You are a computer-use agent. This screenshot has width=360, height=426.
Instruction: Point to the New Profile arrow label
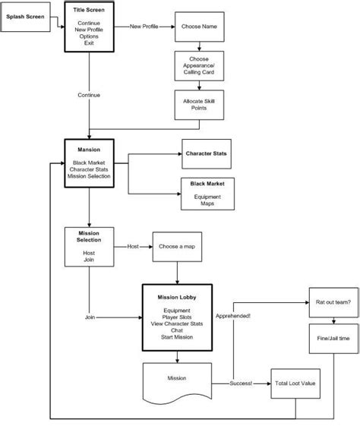pyautogui.click(x=145, y=26)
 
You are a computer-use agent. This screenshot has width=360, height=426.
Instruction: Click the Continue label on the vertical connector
pyautogui.click(x=89, y=95)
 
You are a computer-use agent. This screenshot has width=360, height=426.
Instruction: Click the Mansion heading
pyautogui.click(x=90, y=150)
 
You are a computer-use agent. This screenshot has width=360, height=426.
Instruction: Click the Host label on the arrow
pyautogui.click(x=133, y=246)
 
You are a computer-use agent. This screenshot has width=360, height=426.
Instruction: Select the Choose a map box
pyautogui.click(x=177, y=246)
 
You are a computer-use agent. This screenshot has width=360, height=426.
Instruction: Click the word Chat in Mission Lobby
pyautogui.click(x=176, y=331)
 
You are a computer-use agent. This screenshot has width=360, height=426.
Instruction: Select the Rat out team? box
pyautogui.click(x=331, y=302)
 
